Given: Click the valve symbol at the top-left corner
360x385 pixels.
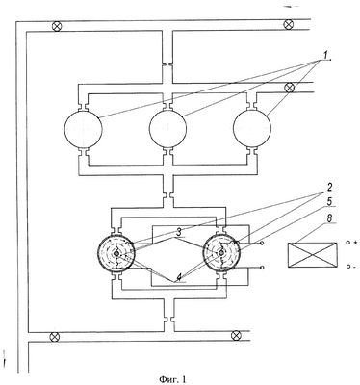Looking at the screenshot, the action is pos(57,26).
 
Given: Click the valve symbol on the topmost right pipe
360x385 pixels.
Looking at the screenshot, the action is pos(288,24).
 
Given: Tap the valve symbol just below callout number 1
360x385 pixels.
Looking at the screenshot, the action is pos(290,88).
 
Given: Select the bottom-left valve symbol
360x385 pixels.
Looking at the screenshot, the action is pos(55,337).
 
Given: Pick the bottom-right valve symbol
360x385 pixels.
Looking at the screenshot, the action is pos(236,335).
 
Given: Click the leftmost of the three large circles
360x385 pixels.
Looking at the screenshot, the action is pos(83,128).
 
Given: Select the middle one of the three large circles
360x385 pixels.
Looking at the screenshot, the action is pos(167,128).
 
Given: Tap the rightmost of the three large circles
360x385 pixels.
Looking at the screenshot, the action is pos(252,128).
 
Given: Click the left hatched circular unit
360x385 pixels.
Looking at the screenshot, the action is pos(116,253).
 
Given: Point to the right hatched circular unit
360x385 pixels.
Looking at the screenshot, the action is pos(221,253).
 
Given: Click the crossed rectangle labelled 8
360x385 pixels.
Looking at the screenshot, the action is pos(313,255).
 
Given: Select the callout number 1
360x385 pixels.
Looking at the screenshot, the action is pos(325,56).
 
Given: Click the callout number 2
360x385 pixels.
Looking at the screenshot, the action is pos(330,187).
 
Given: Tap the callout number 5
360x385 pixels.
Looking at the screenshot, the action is pos(330,201).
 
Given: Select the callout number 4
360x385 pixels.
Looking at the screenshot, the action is pos(180,277).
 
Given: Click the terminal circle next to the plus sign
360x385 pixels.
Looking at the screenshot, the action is pos(347,243).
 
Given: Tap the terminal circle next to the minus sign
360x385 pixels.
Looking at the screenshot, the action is pos(347,266).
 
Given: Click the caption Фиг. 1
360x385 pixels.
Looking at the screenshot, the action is pos(172,379).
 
